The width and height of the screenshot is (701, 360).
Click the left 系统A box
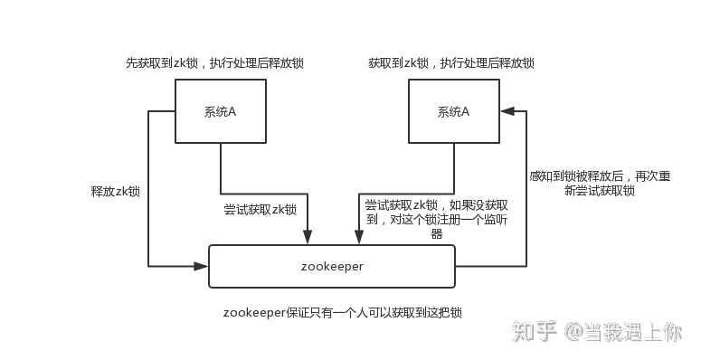click(x=221, y=111)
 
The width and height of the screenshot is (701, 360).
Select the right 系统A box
click(x=453, y=111)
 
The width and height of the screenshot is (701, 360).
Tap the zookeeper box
click(x=331, y=266)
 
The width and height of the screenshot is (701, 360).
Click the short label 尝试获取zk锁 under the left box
click(x=261, y=209)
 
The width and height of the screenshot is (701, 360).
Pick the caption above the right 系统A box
click(x=450, y=63)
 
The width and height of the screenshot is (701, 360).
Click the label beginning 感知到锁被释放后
click(x=598, y=184)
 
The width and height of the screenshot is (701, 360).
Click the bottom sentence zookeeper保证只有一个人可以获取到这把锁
click(x=344, y=312)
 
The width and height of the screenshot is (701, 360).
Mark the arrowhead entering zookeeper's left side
click(x=202, y=266)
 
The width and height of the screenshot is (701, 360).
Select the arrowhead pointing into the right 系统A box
click(x=507, y=111)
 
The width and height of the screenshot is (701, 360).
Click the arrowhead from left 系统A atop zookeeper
click(x=308, y=238)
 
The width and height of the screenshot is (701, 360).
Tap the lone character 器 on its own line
click(x=437, y=233)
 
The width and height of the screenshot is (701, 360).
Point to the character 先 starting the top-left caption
click(x=131, y=63)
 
